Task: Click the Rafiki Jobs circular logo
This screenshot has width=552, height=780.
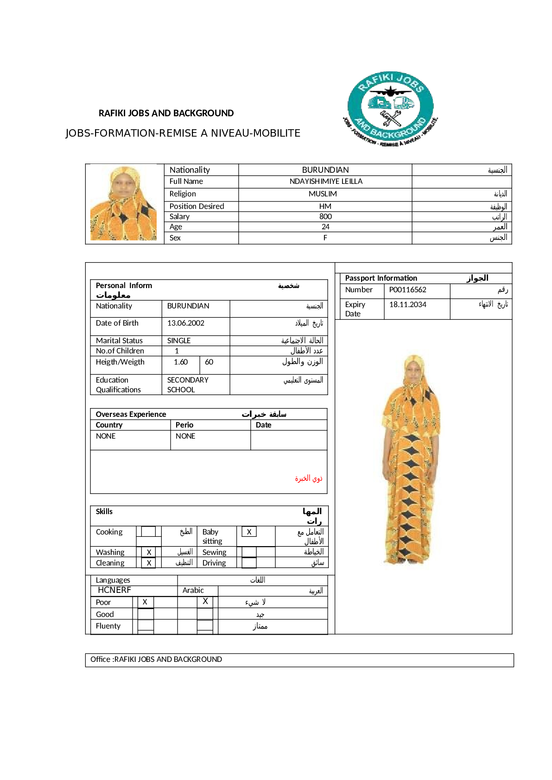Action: point(390,109)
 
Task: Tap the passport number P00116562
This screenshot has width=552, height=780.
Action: point(407,290)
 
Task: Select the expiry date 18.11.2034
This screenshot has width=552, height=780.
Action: point(407,305)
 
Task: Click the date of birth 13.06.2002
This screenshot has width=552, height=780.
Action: point(185,323)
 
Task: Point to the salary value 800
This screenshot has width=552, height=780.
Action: point(325,217)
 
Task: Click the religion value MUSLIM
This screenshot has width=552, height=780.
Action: point(323,194)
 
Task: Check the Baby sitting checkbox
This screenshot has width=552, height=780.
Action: point(249,532)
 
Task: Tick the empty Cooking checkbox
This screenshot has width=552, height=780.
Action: point(148,532)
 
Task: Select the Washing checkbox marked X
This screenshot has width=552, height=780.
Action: point(149,553)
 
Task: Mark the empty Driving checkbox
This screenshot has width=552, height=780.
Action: point(249,563)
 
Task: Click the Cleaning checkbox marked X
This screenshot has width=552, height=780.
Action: point(149,563)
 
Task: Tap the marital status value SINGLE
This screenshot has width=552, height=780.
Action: point(179,341)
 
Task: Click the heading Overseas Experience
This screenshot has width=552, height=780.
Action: point(131,415)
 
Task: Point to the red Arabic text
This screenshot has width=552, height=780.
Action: point(309,478)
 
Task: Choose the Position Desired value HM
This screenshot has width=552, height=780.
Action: point(325,207)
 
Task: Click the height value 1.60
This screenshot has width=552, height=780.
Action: point(181,362)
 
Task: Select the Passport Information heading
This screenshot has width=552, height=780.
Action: point(381,278)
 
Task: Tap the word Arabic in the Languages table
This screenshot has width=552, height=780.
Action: point(193,591)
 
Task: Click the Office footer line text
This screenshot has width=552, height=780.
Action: point(156,660)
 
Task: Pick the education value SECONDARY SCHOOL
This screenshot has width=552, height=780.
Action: point(188,385)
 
